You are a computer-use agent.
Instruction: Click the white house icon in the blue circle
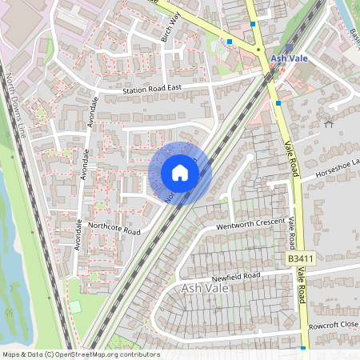(180, 173)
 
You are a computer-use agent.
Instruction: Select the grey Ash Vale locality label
(206, 288)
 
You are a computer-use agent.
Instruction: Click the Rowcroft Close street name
(334, 326)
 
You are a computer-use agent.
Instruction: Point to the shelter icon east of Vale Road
(328, 122)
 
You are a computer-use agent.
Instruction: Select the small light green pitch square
(75, 306)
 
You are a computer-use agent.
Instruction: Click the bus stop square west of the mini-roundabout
(230, 41)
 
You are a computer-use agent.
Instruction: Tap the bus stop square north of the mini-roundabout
(253, 24)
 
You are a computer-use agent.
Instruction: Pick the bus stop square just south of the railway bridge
(278, 102)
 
